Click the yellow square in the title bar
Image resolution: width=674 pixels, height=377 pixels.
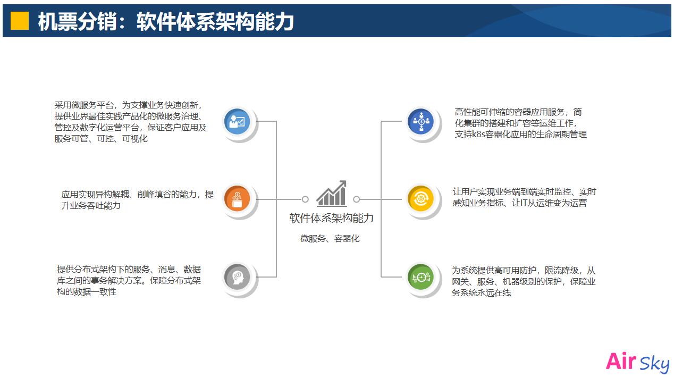click(x=20, y=21)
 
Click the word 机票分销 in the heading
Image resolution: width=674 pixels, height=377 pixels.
click(x=77, y=21)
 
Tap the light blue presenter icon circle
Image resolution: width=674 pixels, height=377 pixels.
click(x=237, y=121)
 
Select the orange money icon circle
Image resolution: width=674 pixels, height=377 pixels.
click(x=237, y=199)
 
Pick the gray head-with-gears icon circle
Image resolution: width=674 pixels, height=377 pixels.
click(x=237, y=277)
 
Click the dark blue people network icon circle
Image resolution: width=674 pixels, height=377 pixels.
click(x=420, y=121)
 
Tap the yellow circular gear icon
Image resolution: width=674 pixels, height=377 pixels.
click(x=420, y=199)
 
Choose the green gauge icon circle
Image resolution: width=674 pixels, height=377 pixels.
click(x=420, y=277)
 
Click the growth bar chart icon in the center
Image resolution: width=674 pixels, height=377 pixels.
click(x=332, y=194)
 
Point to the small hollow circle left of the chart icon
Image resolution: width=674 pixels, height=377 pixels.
click(x=305, y=199)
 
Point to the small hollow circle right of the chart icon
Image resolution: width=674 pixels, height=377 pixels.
click(x=357, y=199)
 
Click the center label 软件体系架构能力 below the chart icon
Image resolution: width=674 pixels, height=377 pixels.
click(x=331, y=218)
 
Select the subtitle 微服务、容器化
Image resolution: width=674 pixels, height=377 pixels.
click(x=330, y=239)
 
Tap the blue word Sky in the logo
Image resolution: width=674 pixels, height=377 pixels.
click(x=654, y=364)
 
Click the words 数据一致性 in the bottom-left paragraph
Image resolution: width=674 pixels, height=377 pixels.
click(x=95, y=292)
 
